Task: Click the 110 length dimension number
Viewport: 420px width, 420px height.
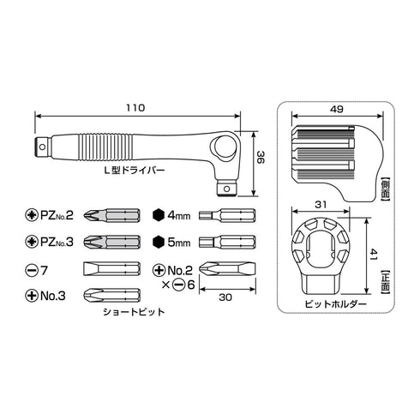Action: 135,108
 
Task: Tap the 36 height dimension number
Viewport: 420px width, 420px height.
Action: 261,157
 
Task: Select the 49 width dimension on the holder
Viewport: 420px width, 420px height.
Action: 337,109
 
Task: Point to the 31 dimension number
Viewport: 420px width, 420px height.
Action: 321,204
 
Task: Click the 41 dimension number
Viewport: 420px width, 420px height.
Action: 374,254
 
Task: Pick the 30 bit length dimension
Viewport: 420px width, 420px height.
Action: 225,297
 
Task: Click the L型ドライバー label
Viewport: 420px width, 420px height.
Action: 134,171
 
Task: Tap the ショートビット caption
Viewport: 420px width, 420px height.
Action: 134,311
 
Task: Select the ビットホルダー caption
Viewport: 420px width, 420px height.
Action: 335,303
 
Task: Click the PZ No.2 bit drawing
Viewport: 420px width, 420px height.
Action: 112,215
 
